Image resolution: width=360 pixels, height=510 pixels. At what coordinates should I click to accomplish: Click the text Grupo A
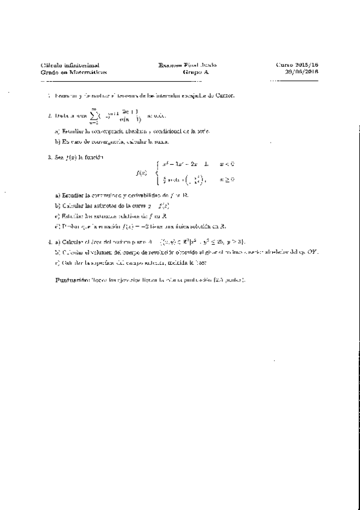pyautogui.click(x=194, y=72)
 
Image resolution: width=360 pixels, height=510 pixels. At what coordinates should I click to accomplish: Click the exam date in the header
pyautogui.click(x=303, y=72)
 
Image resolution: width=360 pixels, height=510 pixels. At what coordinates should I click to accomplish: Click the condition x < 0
pyautogui.click(x=226, y=164)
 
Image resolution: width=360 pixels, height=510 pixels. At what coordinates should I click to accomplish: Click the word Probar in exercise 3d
pyautogui.click(x=64, y=226)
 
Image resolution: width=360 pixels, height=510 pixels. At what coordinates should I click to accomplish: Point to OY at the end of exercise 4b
pyautogui.click(x=313, y=252)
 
